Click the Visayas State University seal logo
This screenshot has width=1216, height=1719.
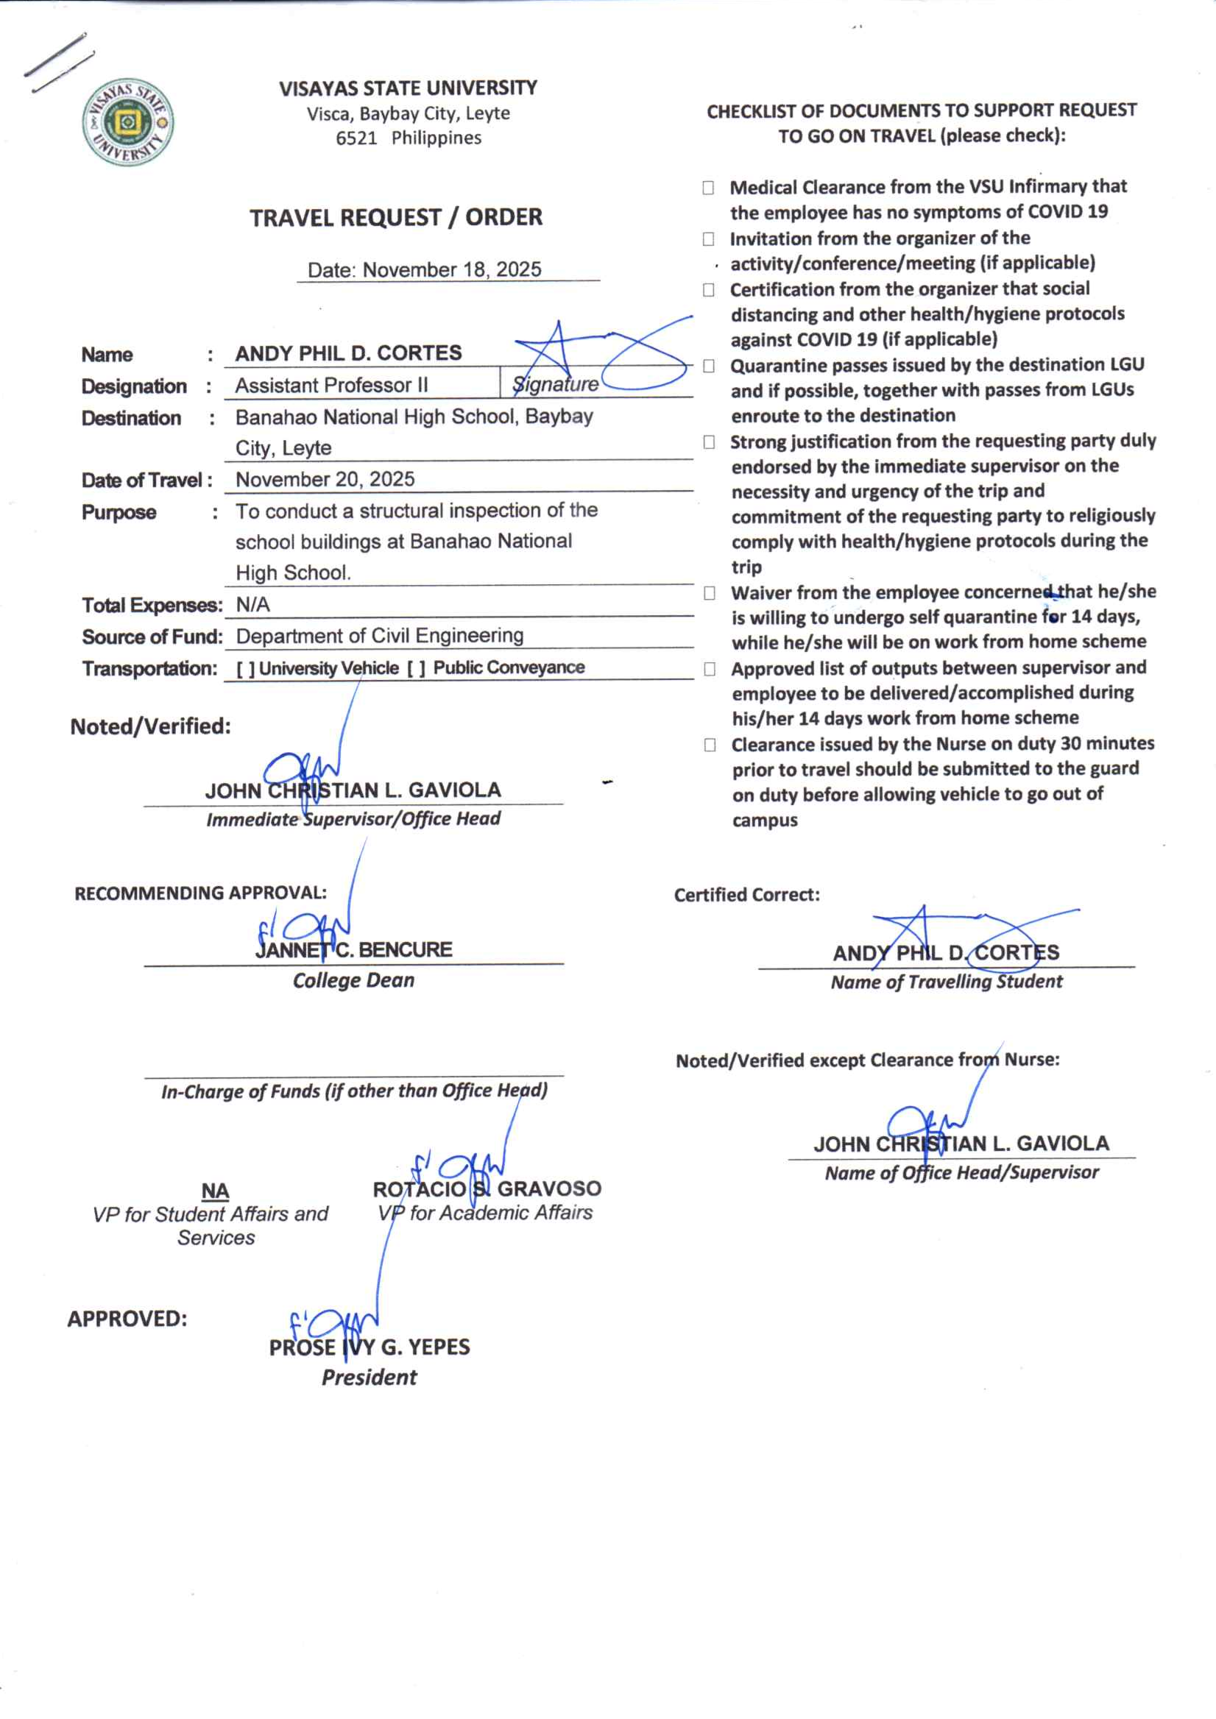coord(127,122)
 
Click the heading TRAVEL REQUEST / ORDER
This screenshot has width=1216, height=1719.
coord(395,218)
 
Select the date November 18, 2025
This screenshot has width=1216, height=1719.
coord(451,269)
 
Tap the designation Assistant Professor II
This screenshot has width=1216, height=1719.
coord(332,385)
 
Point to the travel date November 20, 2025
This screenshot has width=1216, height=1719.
coord(325,479)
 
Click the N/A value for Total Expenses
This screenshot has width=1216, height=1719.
coord(252,604)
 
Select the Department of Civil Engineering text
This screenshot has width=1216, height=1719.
coord(380,636)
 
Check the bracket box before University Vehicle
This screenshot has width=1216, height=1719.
coord(245,669)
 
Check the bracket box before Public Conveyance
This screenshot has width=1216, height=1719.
coord(417,669)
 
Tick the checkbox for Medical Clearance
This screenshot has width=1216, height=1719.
coord(707,188)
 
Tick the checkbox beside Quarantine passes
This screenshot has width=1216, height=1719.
coord(708,366)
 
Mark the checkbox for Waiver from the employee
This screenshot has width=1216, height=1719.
coord(709,594)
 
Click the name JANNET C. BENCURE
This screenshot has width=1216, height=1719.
coord(353,949)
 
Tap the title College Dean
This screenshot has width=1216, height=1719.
coord(353,980)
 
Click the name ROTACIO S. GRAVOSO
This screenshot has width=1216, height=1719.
coord(487,1188)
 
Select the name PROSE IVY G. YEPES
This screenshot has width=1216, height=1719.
coord(370,1347)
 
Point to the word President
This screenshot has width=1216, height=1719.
coord(370,1377)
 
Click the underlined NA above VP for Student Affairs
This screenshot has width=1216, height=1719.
coord(215,1191)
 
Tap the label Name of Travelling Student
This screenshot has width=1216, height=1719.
coord(947,982)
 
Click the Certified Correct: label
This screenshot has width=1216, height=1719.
coord(746,895)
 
